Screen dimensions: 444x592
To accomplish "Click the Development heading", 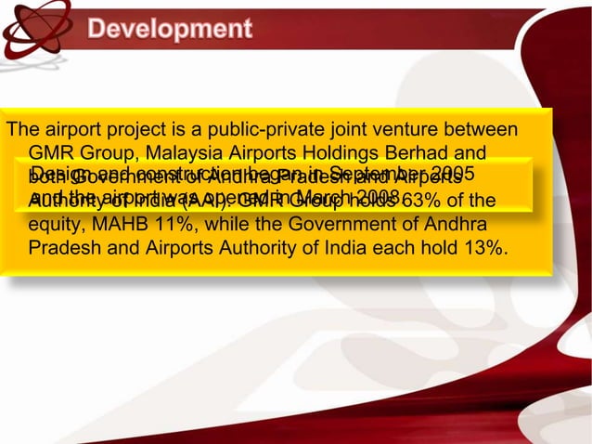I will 170,29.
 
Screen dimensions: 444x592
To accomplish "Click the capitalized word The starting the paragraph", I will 21,128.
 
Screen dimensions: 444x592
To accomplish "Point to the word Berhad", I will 428,151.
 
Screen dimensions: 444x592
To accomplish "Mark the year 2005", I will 453,174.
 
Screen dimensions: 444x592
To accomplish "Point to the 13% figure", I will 487,249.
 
